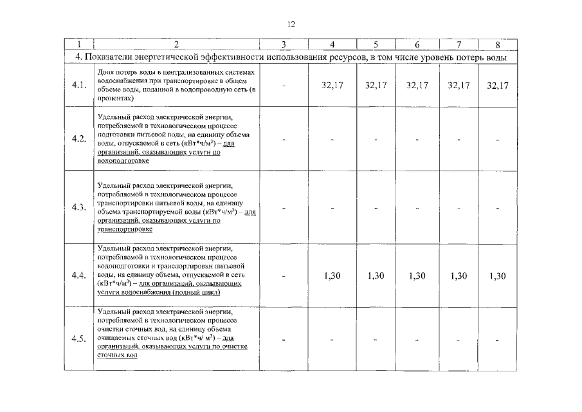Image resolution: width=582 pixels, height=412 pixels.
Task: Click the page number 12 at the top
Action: click(291, 24)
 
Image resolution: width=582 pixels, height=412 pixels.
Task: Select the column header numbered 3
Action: click(284, 44)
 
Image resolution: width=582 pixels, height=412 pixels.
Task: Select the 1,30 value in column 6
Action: click(417, 276)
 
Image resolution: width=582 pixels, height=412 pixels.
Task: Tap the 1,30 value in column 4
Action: click(332, 276)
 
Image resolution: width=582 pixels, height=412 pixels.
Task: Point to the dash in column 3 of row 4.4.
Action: click(283, 276)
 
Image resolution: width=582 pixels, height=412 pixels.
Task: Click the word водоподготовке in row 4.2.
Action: click(118, 161)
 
